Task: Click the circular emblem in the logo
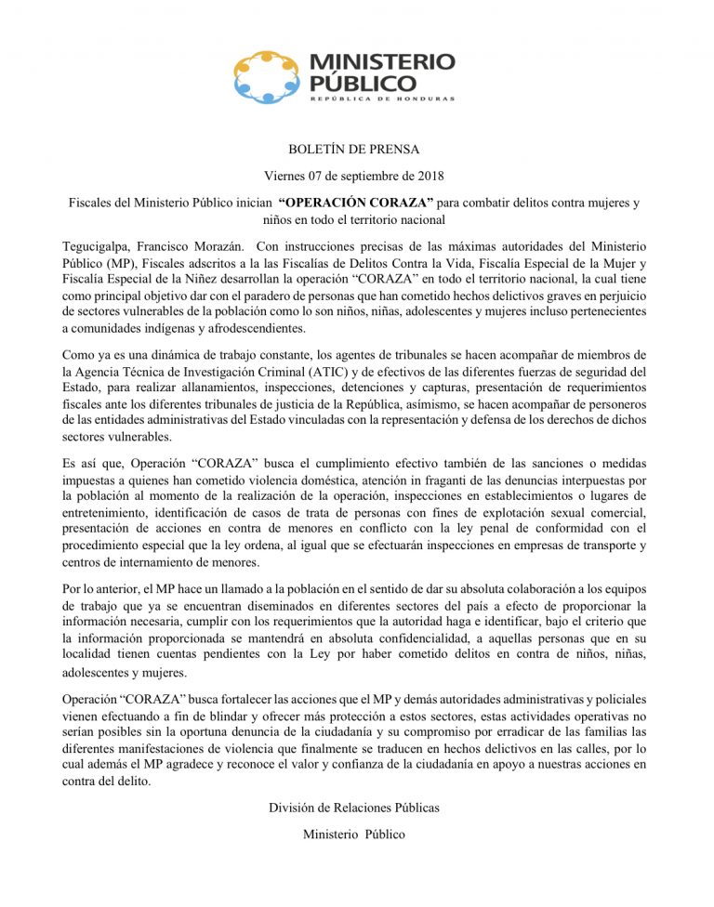click(x=268, y=77)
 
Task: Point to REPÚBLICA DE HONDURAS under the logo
click(x=381, y=99)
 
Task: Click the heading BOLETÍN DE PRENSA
click(x=353, y=149)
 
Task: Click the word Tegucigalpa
click(x=96, y=246)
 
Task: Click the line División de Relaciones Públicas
click(x=353, y=808)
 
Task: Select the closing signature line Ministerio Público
click(x=353, y=835)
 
